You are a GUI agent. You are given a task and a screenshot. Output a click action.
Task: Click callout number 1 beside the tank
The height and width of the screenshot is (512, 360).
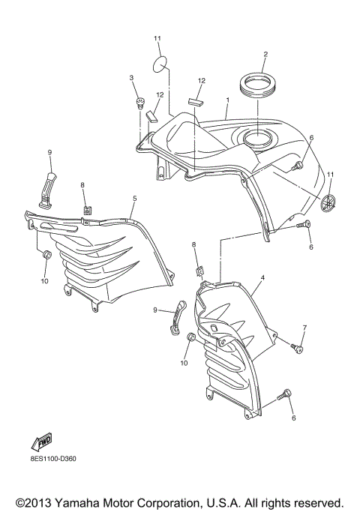click(x=227, y=99)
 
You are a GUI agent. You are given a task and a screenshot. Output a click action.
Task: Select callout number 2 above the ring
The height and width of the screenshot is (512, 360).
click(x=265, y=54)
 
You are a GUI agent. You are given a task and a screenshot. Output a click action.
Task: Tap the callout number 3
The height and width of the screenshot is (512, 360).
click(x=131, y=78)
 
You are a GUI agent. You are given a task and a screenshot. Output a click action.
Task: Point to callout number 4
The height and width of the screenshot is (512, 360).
click(x=262, y=278)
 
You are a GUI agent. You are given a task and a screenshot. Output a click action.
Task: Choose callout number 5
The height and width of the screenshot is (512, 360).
click(x=134, y=199)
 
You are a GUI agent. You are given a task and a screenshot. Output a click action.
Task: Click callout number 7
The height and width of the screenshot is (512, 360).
click(x=304, y=328)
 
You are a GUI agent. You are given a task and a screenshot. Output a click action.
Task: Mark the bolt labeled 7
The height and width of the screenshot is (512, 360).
click(x=298, y=348)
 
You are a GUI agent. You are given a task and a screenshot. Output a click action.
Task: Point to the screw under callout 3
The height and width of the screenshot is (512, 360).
click(x=139, y=102)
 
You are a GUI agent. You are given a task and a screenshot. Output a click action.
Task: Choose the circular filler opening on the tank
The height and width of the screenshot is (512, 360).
click(x=257, y=139)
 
